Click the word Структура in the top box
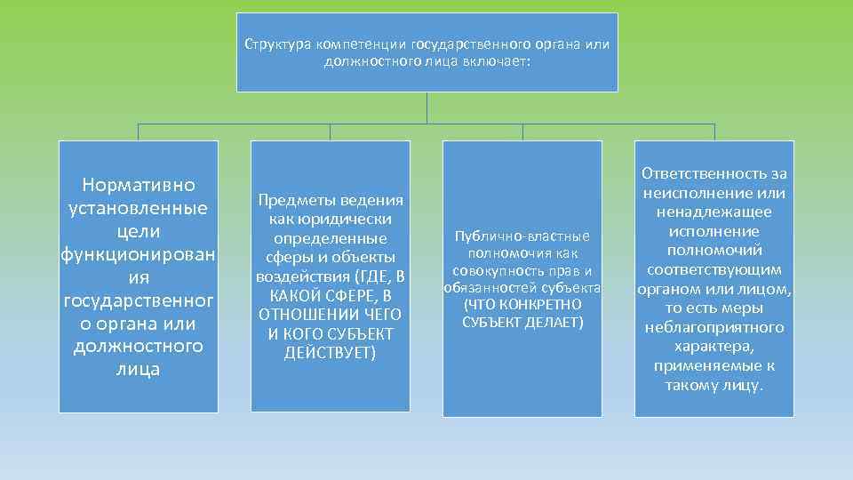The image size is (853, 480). click(270, 44)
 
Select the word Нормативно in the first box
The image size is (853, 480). click(138, 185)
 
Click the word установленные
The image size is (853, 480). click(138, 208)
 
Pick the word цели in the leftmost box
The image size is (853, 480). click(138, 231)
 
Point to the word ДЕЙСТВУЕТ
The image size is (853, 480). click(330, 353)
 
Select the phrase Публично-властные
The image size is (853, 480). click(522, 236)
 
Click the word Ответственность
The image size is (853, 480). click(713, 174)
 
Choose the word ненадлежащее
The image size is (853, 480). click(713, 212)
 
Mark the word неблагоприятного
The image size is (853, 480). click(713, 327)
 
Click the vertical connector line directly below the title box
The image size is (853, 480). click(426, 107)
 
